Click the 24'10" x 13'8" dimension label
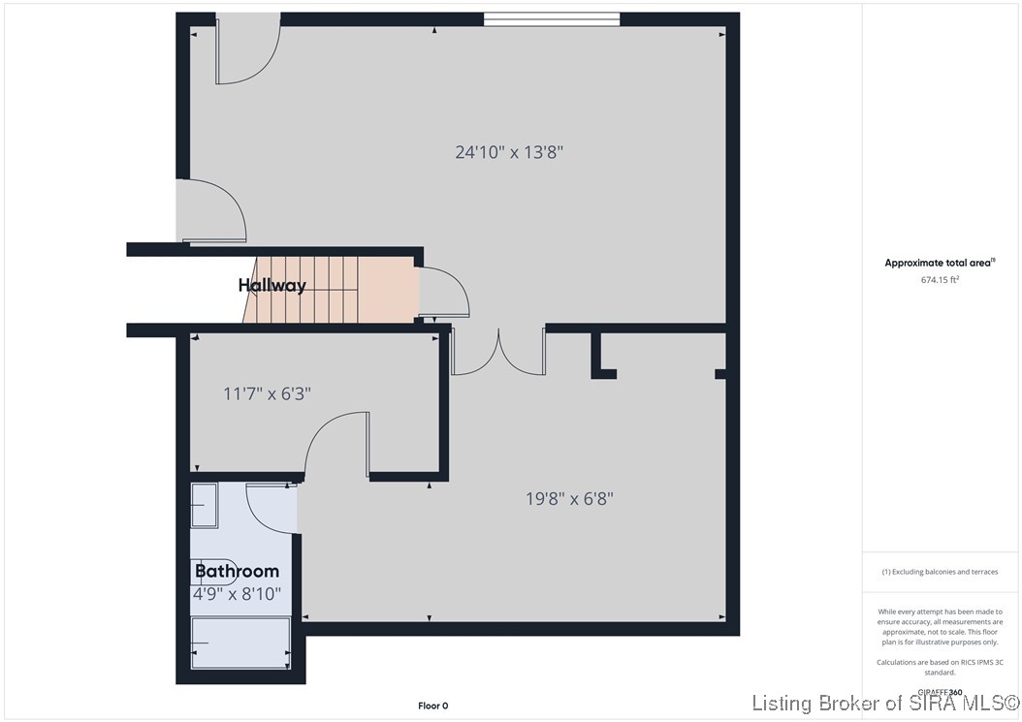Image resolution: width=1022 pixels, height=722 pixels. pos(509,151)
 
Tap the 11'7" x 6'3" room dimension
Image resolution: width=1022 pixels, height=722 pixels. pos(267,393)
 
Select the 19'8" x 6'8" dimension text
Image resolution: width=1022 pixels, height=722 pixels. pos(569,498)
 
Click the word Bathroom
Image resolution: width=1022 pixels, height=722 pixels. pos(238,571)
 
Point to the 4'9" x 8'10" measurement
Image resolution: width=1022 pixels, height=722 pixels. pos(238,593)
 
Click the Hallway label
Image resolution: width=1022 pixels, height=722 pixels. pos(271,285)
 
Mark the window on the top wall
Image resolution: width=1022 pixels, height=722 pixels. pos(551,18)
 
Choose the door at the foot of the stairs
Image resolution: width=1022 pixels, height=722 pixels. pos(443,294)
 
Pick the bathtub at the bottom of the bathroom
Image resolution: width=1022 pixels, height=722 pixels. pos(240,643)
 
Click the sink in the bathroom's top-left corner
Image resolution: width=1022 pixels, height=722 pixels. pos(205,505)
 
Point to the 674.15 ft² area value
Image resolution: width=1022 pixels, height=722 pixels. pos(940,280)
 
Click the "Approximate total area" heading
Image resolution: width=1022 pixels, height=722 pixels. pos(940,263)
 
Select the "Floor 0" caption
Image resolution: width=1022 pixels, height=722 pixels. pos(432,706)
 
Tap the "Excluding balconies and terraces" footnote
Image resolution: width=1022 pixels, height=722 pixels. pos(939,572)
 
